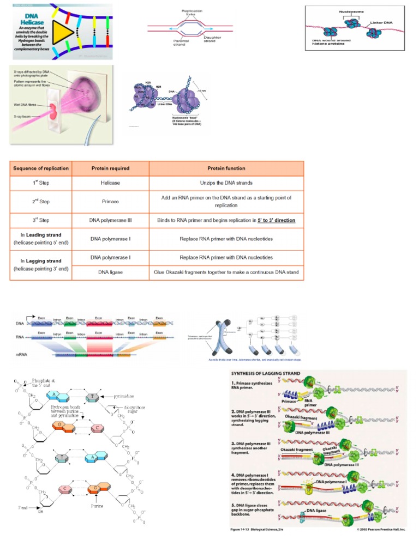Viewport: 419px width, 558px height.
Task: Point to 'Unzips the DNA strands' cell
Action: coord(226,183)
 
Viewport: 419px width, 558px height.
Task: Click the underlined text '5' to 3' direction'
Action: coord(277,221)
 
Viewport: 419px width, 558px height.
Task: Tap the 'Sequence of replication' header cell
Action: coord(41,168)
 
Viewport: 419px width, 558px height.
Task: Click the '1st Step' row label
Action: coord(41,184)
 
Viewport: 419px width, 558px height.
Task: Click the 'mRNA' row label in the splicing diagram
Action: coord(22,355)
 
